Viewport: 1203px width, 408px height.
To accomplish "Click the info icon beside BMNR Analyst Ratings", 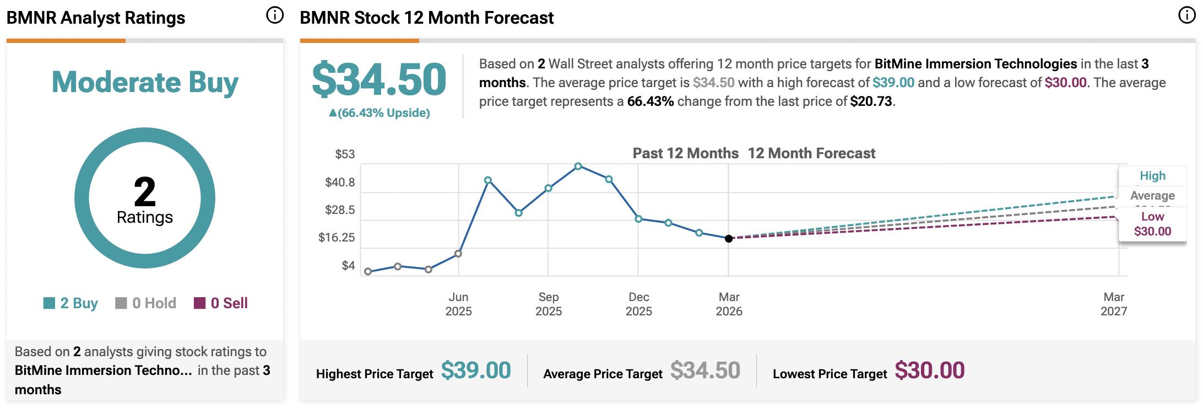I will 274,15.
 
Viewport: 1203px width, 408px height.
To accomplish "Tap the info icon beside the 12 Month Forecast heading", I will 1186,15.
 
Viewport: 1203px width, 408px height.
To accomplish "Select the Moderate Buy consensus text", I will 145,83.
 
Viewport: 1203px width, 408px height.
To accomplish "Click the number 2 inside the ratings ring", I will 145,192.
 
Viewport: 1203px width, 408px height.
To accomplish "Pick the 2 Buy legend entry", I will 71,303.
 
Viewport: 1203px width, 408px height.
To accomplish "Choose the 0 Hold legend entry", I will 145,303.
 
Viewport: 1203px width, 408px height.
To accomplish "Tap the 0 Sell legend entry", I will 221,303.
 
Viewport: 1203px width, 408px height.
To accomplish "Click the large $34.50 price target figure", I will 379,80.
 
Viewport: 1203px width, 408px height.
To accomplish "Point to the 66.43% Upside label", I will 379,113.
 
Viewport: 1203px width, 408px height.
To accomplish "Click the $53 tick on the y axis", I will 345,154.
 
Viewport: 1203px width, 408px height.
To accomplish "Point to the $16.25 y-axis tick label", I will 337,238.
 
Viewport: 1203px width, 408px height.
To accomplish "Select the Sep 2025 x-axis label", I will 549,304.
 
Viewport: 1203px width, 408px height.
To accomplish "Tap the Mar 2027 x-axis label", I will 1114,304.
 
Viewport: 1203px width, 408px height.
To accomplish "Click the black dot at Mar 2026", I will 729,239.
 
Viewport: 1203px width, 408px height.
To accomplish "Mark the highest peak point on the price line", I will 578,166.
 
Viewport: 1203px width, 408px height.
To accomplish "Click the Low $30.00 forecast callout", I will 1152,224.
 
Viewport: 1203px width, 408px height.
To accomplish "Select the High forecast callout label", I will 1152,176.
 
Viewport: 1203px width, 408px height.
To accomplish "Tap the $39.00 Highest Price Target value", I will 476,371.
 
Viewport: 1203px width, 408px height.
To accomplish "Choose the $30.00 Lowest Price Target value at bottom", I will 929,371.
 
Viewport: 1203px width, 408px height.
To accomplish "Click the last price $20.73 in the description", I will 871,101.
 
